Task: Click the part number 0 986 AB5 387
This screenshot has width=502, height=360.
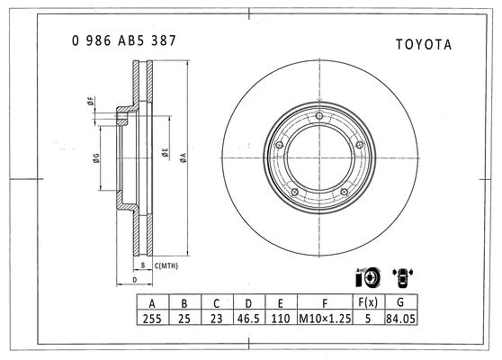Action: [124, 40]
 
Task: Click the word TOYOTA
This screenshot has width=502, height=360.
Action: [424, 44]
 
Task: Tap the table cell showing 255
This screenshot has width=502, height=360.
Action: [152, 319]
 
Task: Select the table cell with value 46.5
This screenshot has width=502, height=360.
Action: [248, 319]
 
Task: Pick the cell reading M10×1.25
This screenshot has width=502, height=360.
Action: [325, 319]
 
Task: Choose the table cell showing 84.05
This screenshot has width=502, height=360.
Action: [400, 319]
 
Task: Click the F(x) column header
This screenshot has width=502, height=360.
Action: [368, 302]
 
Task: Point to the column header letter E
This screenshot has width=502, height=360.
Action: [281, 303]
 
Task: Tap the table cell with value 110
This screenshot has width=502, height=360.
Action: [281, 319]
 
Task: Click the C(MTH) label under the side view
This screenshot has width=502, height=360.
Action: [166, 265]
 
